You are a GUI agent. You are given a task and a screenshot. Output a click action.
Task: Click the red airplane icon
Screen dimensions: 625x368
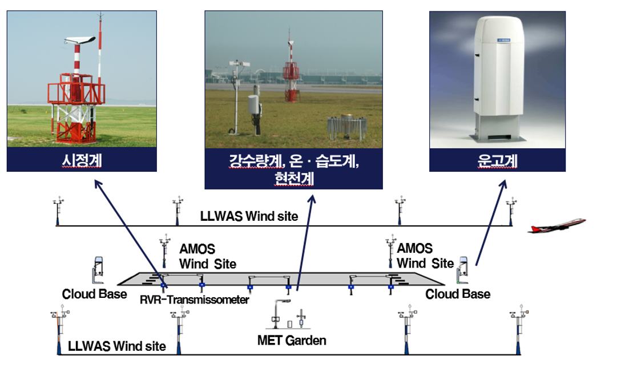pyautogui.click(x=557, y=225)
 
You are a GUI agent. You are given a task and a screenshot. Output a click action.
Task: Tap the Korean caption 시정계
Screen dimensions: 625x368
pyautogui.click(x=82, y=160)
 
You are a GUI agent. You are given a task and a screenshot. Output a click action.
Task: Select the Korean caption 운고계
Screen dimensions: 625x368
pyautogui.click(x=497, y=160)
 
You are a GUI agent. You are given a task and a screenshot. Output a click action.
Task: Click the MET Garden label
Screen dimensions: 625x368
pyautogui.click(x=292, y=341)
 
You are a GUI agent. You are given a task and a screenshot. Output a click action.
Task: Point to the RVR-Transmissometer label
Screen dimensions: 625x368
pyautogui.click(x=195, y=300)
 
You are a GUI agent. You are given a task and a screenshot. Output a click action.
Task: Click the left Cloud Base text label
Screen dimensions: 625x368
pyautogui.click(x=95, y=294)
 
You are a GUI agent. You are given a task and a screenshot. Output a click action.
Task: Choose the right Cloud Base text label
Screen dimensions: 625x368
pyautogui.click(x=458, y=294)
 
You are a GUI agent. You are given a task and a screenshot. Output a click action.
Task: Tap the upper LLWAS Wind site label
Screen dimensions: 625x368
pyautogui.click(x=249, y=216)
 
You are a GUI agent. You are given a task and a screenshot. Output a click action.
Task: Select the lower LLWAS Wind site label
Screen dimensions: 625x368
pyautogui.click(x=117, y=346)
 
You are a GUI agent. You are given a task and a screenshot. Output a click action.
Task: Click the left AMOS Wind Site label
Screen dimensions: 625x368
pyautogui.click(x=208, y=256)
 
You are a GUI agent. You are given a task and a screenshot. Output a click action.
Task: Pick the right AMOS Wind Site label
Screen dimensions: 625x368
pyautogui.click(x=425, y=256)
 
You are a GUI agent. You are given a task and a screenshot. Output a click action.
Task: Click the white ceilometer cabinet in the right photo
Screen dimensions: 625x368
pyautogui.click(x=498, y=78)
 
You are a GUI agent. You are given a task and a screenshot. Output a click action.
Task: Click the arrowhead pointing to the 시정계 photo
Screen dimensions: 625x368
pyautogui.click(x=98, y=184)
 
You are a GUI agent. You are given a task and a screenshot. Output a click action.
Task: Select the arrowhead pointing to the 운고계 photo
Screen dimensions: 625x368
pyautogui.click(x=504, y=184)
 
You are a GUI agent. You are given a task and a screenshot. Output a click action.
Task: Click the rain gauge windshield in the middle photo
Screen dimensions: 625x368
pyautogui.click(x=346, y=127)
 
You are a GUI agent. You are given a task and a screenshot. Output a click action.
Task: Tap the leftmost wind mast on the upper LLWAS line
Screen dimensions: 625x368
pyautogui.click(x=59, y=211)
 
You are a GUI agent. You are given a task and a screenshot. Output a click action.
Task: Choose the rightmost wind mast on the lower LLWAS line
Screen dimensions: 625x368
pyautogui.click(x=519, y=329)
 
